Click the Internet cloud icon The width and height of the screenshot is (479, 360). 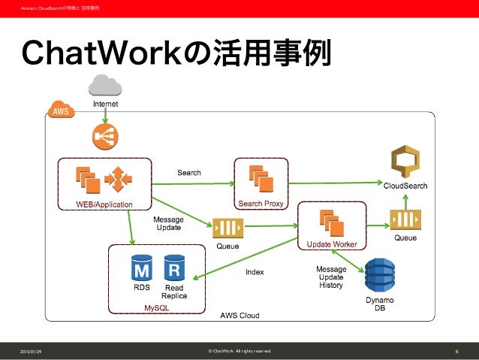(x=105, y=84)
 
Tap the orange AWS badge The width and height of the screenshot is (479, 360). (x=61, y=112)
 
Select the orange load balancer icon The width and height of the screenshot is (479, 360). (x=104, y=135)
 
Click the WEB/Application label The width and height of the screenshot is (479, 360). (x=104, y=204)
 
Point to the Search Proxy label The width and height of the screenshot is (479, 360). (x=260, y=204)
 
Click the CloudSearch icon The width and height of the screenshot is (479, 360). (x=406, y=164)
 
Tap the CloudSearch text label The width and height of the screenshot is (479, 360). (x=406, y=186)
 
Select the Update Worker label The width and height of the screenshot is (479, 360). (x=331, y=244)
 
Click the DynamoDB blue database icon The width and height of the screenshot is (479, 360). (x=379, y=276)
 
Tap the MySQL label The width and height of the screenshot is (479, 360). (x=157, y=308)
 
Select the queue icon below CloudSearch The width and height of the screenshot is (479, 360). (x=405, y=219)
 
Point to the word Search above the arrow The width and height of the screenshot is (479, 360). (x=189, y=173)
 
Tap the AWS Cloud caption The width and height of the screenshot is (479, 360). (x=239, y=316)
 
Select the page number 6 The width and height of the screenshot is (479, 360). (x=456, y=351)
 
